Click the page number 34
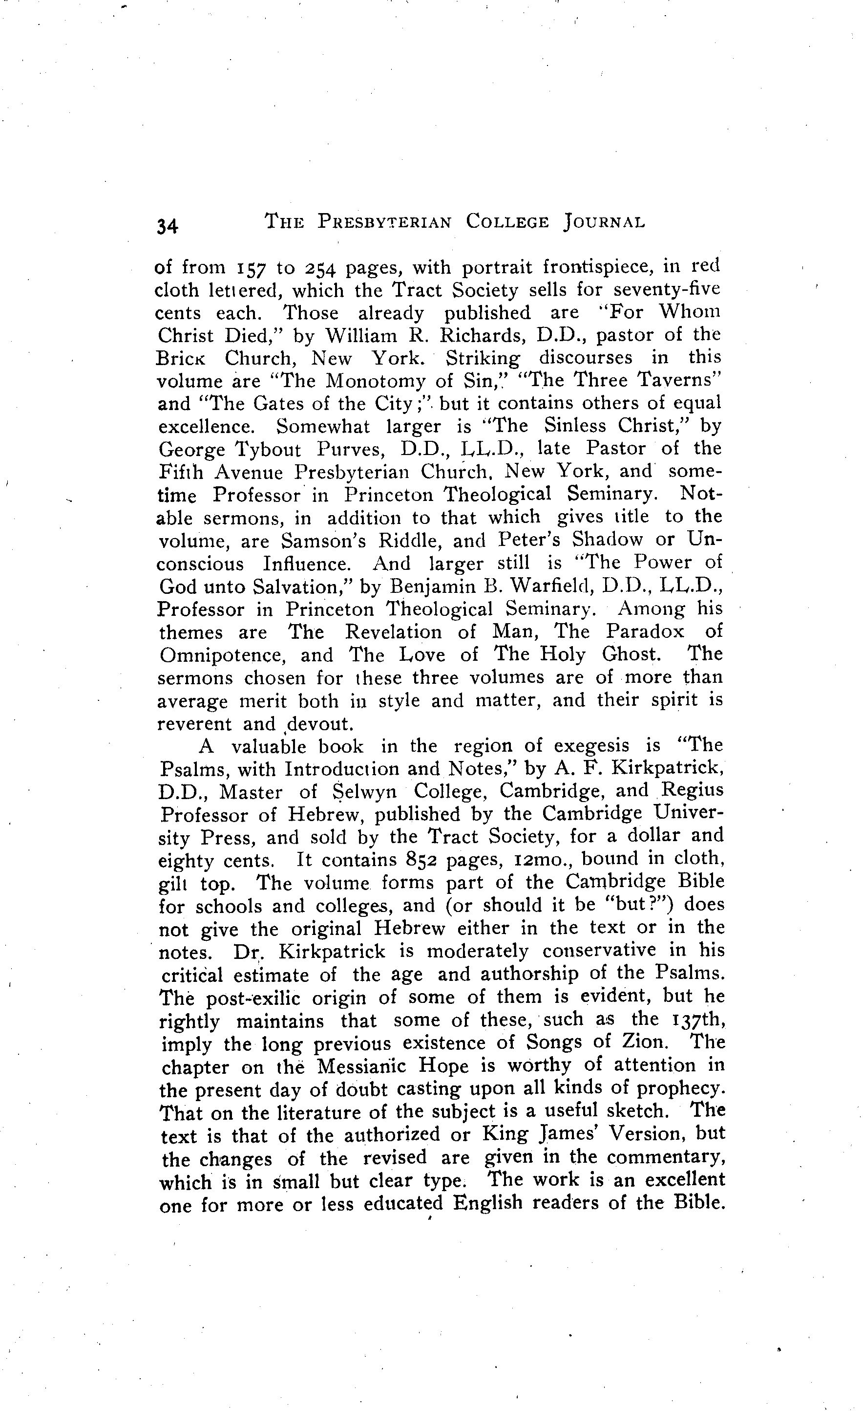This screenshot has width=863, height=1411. point(167,226)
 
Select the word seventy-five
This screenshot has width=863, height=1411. point(671,290)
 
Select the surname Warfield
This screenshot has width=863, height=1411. point(558,586)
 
